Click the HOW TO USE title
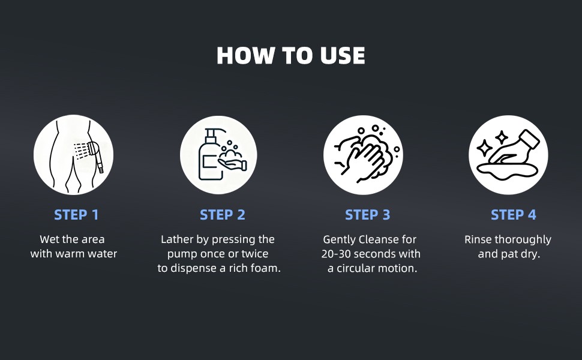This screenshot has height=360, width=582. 291,56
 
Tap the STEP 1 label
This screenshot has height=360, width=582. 76,215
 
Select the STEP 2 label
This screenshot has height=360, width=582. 223,215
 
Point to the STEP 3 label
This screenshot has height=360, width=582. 368,215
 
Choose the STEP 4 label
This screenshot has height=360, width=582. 514,215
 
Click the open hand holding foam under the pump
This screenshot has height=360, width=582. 232,164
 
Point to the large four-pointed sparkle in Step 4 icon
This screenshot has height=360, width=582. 484,149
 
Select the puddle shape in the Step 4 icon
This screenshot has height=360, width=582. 507,172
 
